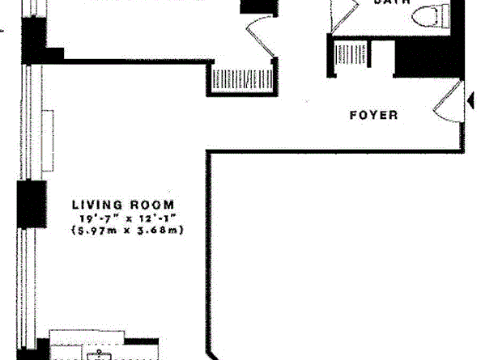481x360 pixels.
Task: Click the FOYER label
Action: click(x=373, y=115)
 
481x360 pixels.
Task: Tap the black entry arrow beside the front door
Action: click(x=469, y=100)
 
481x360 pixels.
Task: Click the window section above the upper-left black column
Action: click(x=32, y=8)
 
